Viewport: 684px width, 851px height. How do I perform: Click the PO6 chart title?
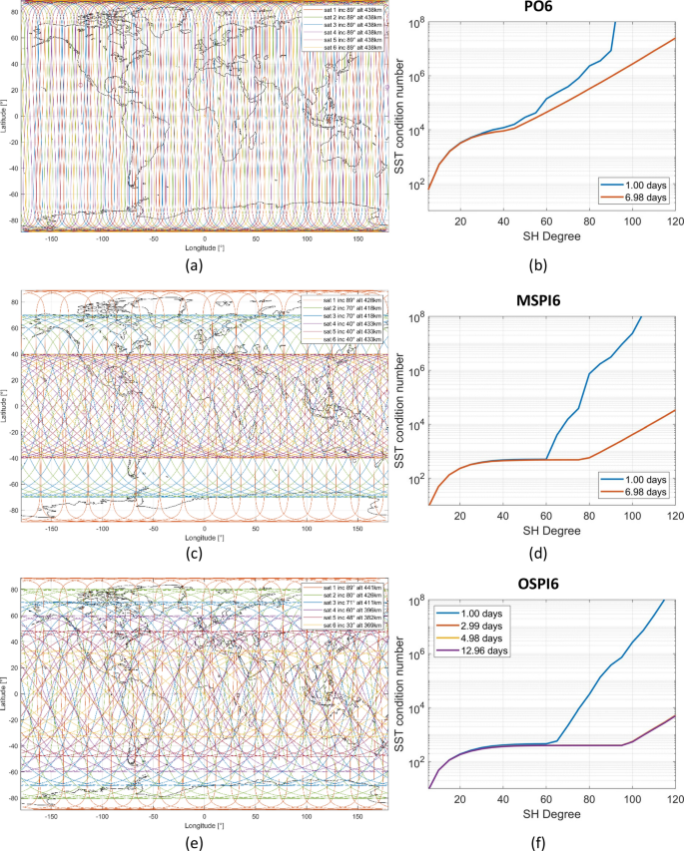pyautogui.click(x=551, y=8)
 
